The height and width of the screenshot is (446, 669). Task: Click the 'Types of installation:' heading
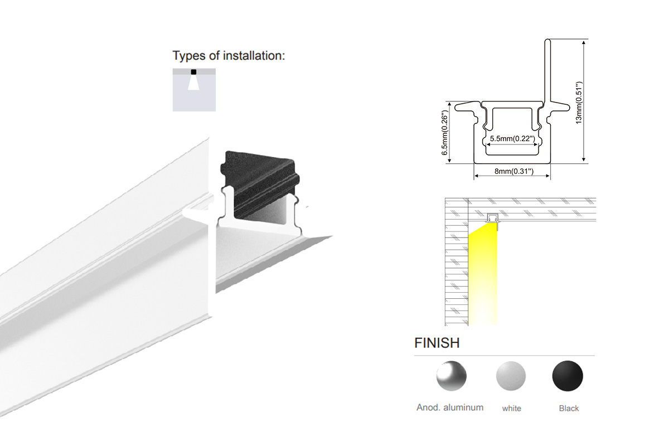pos(229,56)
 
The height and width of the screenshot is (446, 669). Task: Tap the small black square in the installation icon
pos(193,72)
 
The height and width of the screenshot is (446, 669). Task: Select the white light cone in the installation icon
pos(193,83)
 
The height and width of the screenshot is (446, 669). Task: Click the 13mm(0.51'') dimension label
pos(579,103)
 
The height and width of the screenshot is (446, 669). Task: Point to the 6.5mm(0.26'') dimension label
pos(445,133)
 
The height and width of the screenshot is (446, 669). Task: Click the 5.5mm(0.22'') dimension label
pos(512,139)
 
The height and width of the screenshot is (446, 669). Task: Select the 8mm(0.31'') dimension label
pos(513,171)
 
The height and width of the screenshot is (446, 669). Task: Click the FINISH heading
pos(437,343)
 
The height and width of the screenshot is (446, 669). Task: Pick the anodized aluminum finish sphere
pos(451,376)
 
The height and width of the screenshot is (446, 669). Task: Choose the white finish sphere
pos(511,376)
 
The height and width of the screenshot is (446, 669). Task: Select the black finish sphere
pos(568,376)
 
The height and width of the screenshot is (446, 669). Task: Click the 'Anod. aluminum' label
pos(450,408)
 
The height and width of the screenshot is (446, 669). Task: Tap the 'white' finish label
pos(511,408)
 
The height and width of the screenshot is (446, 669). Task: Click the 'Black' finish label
pos(569,408)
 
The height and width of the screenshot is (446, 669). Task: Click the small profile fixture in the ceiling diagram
pos(492,219)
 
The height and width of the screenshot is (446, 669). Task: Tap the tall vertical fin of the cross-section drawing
pos(547,70)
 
